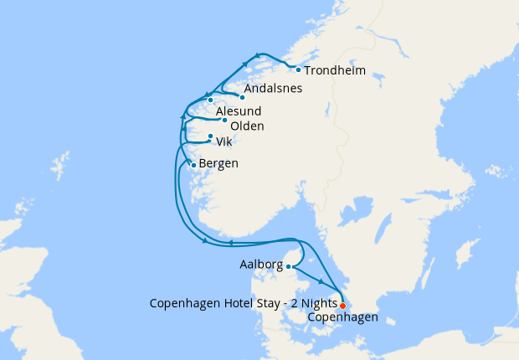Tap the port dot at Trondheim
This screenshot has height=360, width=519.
pyautogui.click(x=299, y=69)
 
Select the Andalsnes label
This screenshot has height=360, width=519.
pyautogui.click(x=273, y=88)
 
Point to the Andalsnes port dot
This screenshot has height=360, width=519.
pyautogui.click(x=242, y=96)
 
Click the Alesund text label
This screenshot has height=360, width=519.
pyautogui.click(x=239, y=111)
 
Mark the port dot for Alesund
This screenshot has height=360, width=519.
pyautogui.click(x=211, y=100)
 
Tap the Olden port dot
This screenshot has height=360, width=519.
pyautogui.click(x=224, y=120)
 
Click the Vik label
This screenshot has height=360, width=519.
pyautogui.click(x=224, y=141)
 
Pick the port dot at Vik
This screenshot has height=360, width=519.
pyautogui.click(x=210, y=136)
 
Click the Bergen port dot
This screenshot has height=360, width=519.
pyautogui.click(x=194, y=165)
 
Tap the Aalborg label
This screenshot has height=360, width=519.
pyautogui.click(x=260, y=265)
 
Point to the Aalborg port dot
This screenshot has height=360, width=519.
pyautogui.click(x=289, y=267)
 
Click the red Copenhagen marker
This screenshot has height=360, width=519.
pyautogui.click(x=342, y=306)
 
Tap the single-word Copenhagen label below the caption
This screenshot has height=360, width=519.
pyautogui.click(x=342, y=317)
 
